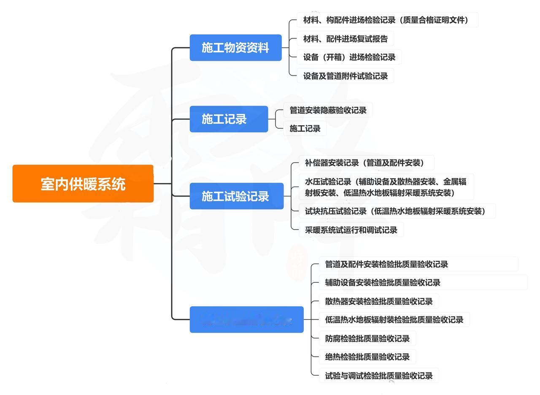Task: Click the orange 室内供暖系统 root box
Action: [83, 184]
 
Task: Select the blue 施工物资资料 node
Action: [235, 48]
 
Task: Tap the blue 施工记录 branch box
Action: [229, 119]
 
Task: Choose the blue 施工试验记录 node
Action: [236, 196]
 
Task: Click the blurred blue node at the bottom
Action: [246, 319]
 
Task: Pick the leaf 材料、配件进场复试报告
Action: [345, 39]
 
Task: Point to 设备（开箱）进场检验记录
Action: [349, 57]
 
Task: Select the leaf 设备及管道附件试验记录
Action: [345, 76]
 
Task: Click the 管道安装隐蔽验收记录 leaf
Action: [328, 111]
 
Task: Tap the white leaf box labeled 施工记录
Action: [305, 129]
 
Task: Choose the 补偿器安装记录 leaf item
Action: [364, 162]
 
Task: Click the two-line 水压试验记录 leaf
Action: [386, 187]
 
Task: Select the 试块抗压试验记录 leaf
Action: [395, 211]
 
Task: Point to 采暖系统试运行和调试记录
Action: [351, 230]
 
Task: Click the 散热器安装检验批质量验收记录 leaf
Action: [378, 301]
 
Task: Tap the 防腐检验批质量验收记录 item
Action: [367, 338]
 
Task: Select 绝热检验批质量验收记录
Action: [367, 357]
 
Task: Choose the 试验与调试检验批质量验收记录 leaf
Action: [378, 376]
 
